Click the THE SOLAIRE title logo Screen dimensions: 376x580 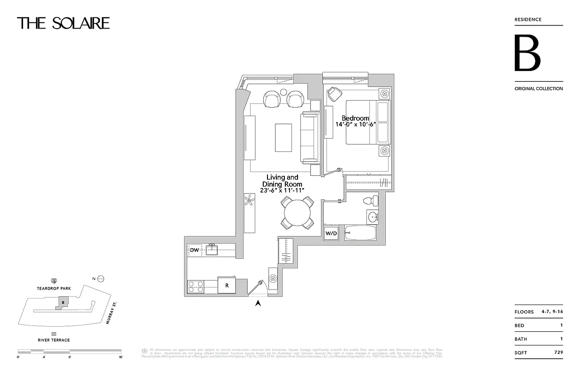(x=63, y=23)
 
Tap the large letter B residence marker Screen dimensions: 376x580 (x=527, y=53)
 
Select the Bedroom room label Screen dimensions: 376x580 (x=355, y=118)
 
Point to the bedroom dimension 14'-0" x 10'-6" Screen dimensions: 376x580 (x=355, y=125)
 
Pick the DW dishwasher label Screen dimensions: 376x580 (x=194, y=251)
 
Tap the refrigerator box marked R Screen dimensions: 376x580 (x=226, y=285)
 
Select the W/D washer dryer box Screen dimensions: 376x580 (x=331, y=233)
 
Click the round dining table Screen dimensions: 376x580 (x=297, y=212)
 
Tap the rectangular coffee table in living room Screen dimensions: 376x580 (x=283, y=137)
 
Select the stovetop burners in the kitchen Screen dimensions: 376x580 (x=195, y=287)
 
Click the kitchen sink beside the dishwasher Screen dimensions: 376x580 (x=212, y=250)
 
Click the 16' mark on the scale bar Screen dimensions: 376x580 (x=121, y=357)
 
